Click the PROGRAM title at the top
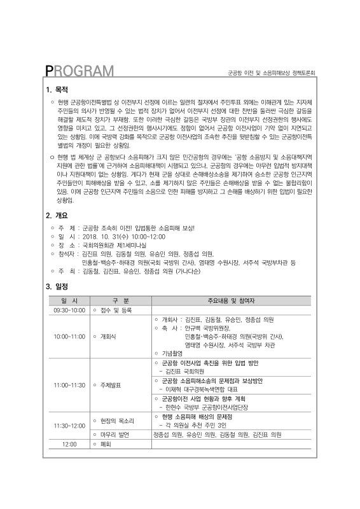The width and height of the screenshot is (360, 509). point(80,71)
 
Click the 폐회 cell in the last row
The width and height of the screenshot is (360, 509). point(106,444)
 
